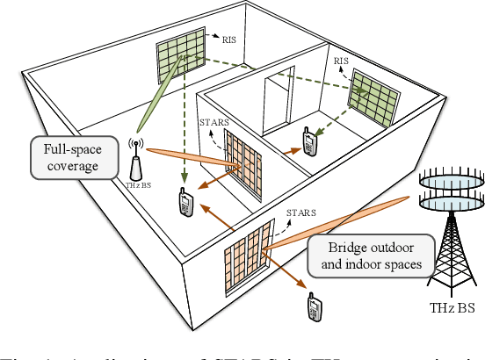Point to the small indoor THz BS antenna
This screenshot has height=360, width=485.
pos(137,160)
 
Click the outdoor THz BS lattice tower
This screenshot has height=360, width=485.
pos(450,246)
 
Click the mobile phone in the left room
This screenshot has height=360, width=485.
pos(185,203)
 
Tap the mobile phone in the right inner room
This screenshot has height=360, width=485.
pos(308,143)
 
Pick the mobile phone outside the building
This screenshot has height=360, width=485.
pos(313,307)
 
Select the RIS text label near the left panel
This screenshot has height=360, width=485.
pos(229,40)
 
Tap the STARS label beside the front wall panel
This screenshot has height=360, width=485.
pos(300,213)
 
